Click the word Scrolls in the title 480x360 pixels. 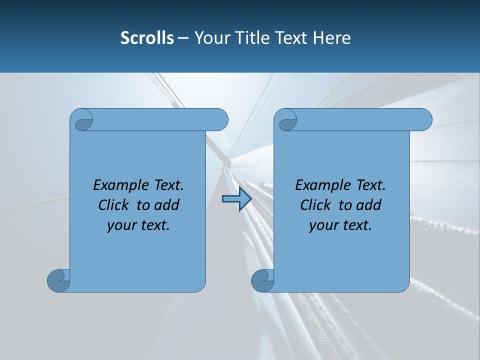pos(147,37)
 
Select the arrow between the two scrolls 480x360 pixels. pos(236,199)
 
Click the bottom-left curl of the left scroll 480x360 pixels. pos(58,280)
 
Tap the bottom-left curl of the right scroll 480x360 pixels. pos(262,280)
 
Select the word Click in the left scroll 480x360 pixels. pos(113,205)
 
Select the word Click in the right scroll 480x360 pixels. pos(315,205)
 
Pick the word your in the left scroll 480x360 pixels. pos(119,225)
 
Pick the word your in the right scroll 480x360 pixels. pos(321,225)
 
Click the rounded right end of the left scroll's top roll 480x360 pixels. pos(220,119)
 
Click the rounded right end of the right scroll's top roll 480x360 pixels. pos(424,119)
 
